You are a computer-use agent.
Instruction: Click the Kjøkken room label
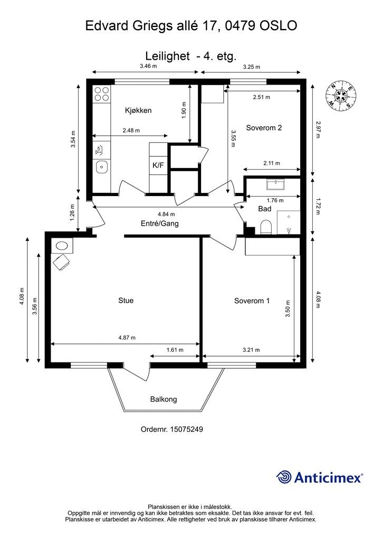(x=138, y=110)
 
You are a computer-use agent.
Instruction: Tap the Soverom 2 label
(x=264, y=128)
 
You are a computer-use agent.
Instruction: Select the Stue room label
(x=126, y=301)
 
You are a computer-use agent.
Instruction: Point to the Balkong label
(x=164, y=399)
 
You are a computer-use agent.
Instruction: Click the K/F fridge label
(x=158, y=165)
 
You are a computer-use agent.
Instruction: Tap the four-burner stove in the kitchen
(x=102, y=94)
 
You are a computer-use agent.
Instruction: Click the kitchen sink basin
(x=102, y=167)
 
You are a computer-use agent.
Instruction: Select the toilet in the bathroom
(x=266, y=227)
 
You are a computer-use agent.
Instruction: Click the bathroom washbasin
(x=275, y=184)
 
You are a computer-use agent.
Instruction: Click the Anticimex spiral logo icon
(x=284, y=478)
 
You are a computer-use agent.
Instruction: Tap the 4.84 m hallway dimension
(x=166, y=214)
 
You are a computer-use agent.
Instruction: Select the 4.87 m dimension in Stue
(x=127, y=338)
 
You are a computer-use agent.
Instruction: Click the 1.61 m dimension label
(x=175, y=350)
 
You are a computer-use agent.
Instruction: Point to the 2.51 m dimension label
(x=262, y=97)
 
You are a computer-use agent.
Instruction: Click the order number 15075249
(x=186, y=429)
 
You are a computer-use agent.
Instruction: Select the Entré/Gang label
(x=160, y=223)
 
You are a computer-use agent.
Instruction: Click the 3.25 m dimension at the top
(x=252, y=67)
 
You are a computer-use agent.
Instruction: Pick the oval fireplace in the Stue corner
(x=62, y=246)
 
